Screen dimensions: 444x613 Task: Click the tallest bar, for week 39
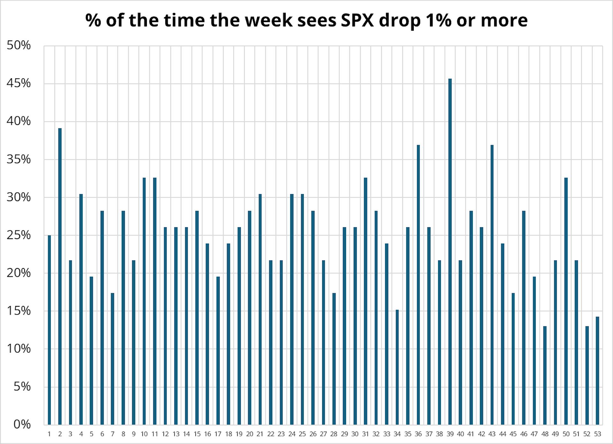[450, 252]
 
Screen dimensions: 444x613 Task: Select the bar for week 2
[60, 276]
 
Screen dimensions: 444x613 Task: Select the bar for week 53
[597, 370]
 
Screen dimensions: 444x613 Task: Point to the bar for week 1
[49, 330]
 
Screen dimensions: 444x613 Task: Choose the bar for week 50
[566, 301]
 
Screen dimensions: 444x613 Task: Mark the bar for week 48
[545, 375]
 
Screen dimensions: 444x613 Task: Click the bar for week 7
[112, 359]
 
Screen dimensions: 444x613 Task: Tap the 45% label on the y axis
[19, 83]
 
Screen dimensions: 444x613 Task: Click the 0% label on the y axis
[22, 424]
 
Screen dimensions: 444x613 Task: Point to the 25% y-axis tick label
[19, 235]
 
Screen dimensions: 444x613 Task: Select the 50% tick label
[19, 45]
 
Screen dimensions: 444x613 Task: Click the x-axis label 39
[450, 434]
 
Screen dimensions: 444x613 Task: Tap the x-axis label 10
[144, 434]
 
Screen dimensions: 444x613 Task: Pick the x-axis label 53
[597, 434]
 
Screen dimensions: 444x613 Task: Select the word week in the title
[269, 20]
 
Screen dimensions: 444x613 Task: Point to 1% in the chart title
[438, 20]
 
